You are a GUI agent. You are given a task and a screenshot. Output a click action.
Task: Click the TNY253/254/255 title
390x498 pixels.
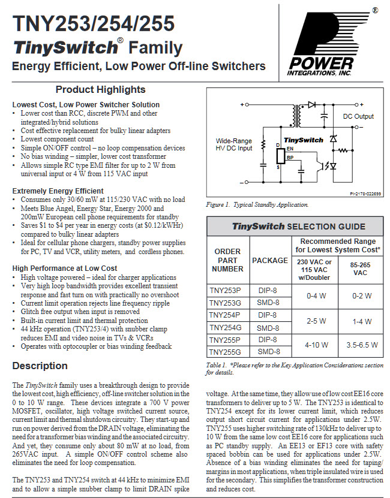tap(94, 23)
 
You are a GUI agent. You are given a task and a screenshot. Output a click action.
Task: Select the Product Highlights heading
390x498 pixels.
tap(100, 90)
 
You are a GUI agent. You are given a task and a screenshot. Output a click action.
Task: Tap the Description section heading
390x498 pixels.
tap(40, 366)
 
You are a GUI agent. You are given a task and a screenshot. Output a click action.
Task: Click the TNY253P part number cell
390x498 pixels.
tap(225, 291)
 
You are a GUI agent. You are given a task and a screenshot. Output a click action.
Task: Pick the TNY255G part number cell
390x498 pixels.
tap(225, 352)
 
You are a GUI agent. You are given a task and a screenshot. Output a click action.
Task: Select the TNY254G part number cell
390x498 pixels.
tap(225, 327)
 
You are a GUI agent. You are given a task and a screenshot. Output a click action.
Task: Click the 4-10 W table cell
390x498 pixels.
tap(316, 346)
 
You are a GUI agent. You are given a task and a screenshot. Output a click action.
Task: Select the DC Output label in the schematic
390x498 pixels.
tap(358, 116)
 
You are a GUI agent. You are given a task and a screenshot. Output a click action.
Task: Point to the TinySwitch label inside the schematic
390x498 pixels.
tap(303, 140)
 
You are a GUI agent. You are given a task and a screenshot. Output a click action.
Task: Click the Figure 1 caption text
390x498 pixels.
tap(257, 204)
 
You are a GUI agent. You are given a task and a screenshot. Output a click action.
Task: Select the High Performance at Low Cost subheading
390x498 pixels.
tap(65, 268)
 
